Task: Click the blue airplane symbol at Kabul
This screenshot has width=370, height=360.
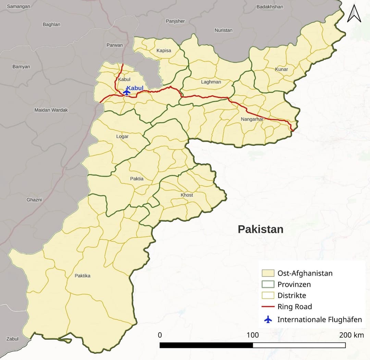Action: pos(126,92)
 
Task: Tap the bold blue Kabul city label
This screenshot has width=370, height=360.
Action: pos(135,88)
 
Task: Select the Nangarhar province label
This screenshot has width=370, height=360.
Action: pos(252,119)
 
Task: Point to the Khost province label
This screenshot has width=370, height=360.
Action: pos(187,195)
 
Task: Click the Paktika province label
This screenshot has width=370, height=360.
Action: pos(83,276)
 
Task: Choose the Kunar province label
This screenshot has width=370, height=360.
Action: pos(282,69)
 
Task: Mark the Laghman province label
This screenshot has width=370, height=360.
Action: pos(211,82)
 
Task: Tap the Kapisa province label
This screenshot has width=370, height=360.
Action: pos(164,51)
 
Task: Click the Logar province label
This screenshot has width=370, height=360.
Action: pos(122,136)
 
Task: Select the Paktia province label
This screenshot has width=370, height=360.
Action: pos(137,179)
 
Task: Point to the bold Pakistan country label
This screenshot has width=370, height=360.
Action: pos(261,229)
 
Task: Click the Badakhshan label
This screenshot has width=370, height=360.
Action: pos(270,7)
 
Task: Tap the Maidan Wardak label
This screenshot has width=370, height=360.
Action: pos(51,110)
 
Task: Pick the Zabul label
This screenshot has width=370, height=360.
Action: pos(12,339)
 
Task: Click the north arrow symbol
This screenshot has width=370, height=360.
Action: pos(354,14)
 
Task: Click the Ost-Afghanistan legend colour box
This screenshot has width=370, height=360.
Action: pos(268,273)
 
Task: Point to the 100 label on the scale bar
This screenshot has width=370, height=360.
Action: pos(253,335)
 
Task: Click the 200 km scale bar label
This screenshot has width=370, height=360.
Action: pos(351,335)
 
